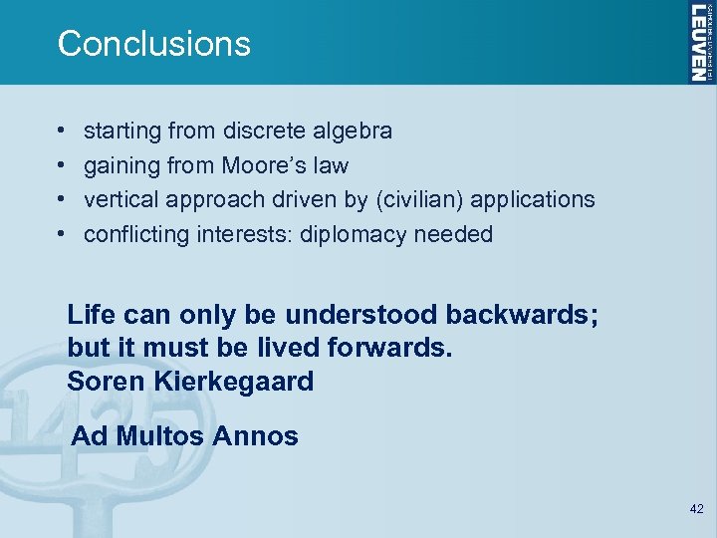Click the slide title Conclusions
[x=154, y=44]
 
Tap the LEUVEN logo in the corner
[x=700, y=42]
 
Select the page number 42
[x=696, y=509]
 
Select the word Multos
[x=165, y=435]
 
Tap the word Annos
[x=260, y=435]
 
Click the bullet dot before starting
[x=62, y=132]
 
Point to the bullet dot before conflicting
[x=62, y=235]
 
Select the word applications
[x=533, y=199]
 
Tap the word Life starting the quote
[x=89, y=315]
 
